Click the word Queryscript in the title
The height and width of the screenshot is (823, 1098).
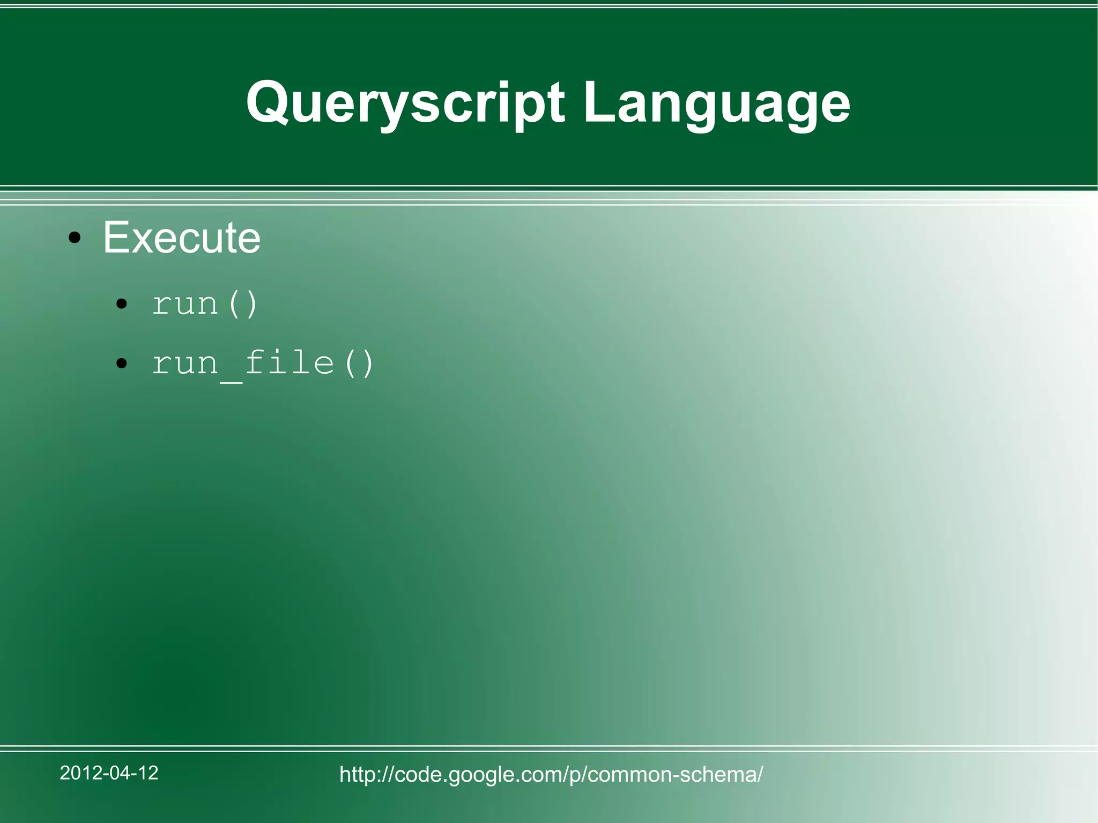click(x=405, y=103)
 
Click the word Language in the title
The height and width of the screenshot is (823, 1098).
click(x=716, y=103)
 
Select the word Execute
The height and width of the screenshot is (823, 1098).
click(x=181, y=237)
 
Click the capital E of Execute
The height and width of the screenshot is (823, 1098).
click(x=115, y=237)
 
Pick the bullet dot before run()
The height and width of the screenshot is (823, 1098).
click(x=122, y=305)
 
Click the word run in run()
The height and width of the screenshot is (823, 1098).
click(x=185, y=305)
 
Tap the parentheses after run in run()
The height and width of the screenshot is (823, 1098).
click(x=242, y=305)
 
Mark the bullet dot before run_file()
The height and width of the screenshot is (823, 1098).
click(x=122, y=364)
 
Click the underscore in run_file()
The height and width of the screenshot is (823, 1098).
click(x=231, y=380)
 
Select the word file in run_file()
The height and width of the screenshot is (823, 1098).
click(x=290, y=363)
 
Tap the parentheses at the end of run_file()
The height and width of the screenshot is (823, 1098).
click(x=359, y=364)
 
